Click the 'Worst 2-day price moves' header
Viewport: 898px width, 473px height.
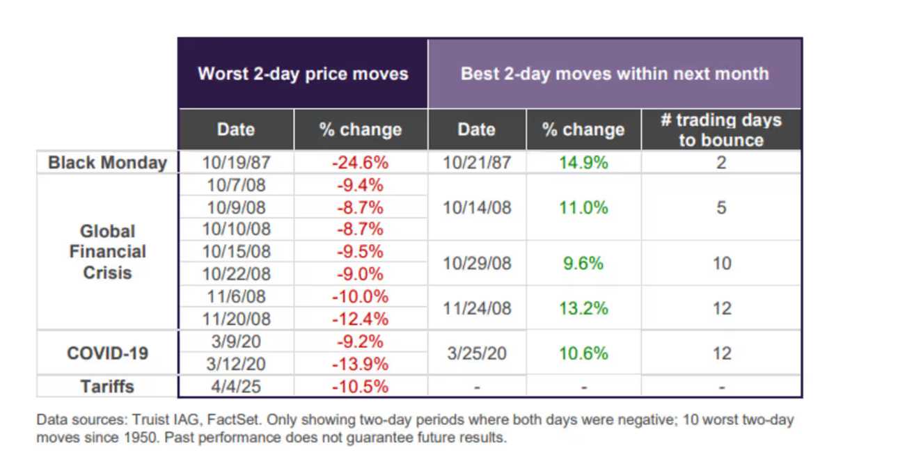(x=303, y=74)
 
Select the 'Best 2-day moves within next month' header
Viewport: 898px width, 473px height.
(x=615, y=74)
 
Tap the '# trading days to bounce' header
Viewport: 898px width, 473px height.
(x=721, y=130)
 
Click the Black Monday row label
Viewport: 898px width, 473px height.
(x=108, y=163)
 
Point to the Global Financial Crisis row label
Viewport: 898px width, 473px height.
(x=108, y=252)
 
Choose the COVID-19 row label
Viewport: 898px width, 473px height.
(x=108, y=353)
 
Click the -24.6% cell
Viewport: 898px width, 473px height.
(x=360, y=163)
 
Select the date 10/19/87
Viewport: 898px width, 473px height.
(x=236, y=163)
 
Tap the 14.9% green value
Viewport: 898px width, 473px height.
(x=583, y=163)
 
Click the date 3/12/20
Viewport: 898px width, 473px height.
(x=236, y=364)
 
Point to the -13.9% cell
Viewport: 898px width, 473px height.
(x=360, y=364)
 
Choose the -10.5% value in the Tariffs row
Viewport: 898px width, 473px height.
(x=360, y=387)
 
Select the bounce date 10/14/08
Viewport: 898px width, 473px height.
(x=477, y=208)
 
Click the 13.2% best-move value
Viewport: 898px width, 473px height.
(x=583, y=308)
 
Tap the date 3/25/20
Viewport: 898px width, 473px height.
(x=477, y=353)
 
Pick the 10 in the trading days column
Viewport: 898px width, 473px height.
(x=722, y=264)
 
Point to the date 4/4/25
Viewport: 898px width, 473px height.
(x=236, y=387)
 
